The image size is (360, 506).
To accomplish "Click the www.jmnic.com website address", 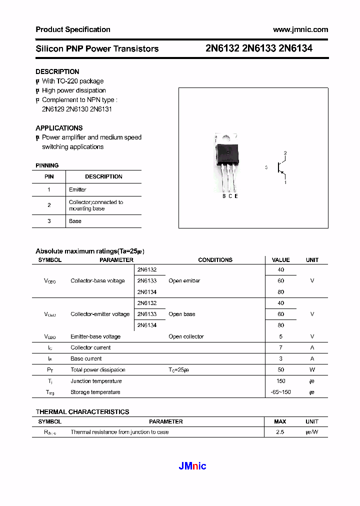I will pyautogui.click(x=300, y=29).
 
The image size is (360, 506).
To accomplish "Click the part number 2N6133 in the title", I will pyautogui.click(x=259, y=48).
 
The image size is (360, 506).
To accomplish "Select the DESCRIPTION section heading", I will pyautogui.click(x=57, y=71).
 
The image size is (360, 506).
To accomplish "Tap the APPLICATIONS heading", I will pyautogui.click(x=59, y=128).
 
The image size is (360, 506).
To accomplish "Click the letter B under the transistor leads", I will pyautogui.click(x=224, y=196).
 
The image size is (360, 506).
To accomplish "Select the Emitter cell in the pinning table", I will pyautogui.click(x=77, y=189).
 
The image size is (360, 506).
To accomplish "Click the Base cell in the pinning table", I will pyautogui.click(x=75, y=221).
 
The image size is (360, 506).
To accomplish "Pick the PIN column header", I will pyautogui.click(x=49, y=176).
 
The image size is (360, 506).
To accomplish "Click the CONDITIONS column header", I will pyautogui.click(x=215, y=260).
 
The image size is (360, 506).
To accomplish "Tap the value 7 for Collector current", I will pyautogui.click(x=280, y=347).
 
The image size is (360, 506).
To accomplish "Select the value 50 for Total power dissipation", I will pyautogui.click(x=280, y=370).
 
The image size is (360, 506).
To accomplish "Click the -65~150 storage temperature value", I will pyautogui.click(x=280, y=392).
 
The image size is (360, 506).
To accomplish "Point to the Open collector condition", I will pyautogui.click(x=186, y=336).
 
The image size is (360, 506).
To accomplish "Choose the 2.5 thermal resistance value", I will pyautogui.click(x=280, y=432).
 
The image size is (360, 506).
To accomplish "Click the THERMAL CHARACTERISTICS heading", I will pyautogui.click(x=82, y=412).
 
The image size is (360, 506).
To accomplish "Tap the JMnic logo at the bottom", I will pyautogui.click(x=192, y=466).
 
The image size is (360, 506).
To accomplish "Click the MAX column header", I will pyautogui.click(x=280, y=421).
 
